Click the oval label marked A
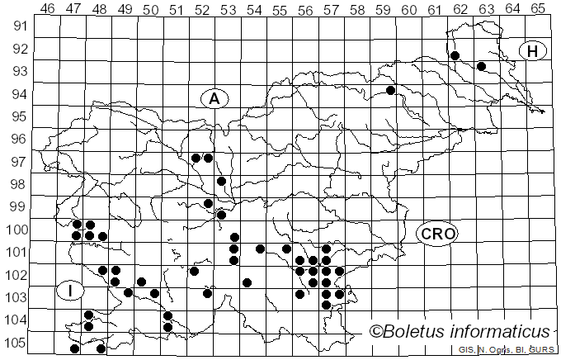(214, 98)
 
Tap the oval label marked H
(533, 51)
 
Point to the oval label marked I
(70, 291)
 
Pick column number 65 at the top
(537, 9)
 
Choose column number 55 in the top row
(279, 9)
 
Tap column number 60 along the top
(408, 9)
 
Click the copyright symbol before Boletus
(376, 332)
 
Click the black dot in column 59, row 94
(390, 90)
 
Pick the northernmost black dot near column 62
(455, 55)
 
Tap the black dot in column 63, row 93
(481, 66)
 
